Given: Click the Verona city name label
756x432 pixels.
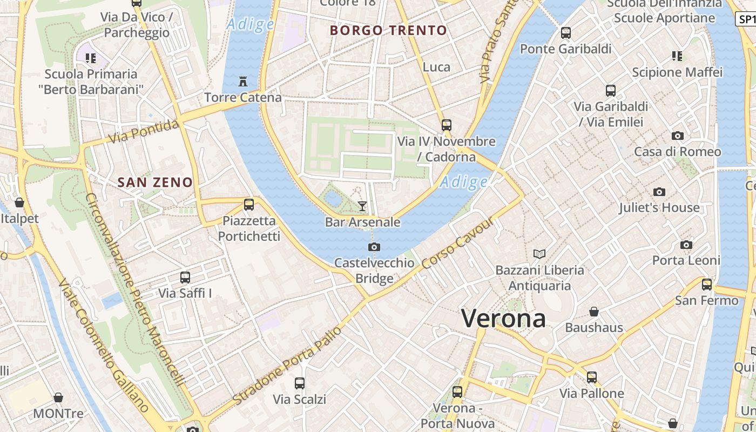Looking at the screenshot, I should point(503,318).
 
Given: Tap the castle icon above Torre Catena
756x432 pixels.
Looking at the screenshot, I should point(243,82).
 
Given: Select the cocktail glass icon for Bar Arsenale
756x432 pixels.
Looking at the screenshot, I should point(362,206).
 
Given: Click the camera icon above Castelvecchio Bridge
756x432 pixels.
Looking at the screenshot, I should point(374,247).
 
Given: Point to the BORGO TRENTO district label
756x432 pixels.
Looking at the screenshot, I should point(388,30).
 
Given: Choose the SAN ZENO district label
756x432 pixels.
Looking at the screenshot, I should point(155,183).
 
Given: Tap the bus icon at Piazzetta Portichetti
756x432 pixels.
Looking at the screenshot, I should point(249,205).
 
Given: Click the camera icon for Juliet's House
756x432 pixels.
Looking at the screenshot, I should point(659,192).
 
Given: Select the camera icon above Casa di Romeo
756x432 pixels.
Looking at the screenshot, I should point(677,136).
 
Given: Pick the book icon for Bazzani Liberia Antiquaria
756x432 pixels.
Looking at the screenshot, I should point(539,253).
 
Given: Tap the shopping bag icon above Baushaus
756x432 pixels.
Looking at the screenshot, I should point(594,312).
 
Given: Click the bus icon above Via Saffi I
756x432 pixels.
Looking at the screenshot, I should point(185,278).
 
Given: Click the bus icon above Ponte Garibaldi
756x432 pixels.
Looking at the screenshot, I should point(565,33).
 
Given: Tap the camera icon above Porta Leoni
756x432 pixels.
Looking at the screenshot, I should point(686,245).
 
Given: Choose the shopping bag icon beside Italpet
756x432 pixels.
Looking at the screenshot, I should point(19,202).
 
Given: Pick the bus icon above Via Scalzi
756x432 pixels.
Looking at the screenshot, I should point(299,383).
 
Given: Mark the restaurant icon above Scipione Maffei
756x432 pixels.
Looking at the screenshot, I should point(677,56).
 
